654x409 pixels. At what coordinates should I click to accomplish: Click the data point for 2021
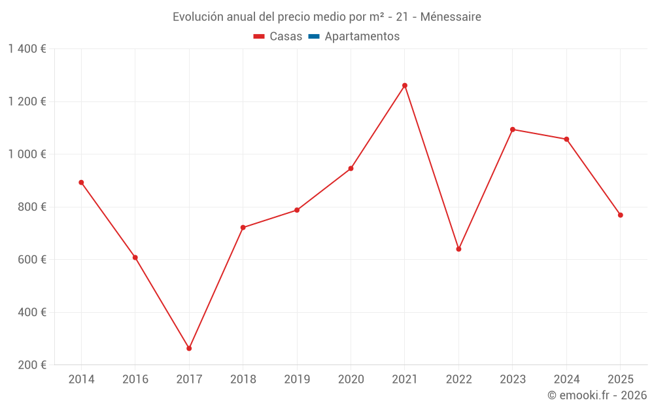pyautogui.click(x=405, y=85)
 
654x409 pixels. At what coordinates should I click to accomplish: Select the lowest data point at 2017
pyautogui.click(x=189, y=348)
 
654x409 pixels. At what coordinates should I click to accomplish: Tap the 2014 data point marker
pyautogui.click(x=81, y=183)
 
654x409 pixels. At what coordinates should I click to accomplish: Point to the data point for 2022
pyautogui.click(x=458, y=249)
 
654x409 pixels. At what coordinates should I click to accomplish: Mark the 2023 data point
pyautogui.click(x=513, y=129)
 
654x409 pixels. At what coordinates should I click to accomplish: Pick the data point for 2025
pyautogui.click(x=621, y=215)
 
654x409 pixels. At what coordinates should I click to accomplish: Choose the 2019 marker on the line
pyautogui.click(x=297, y=210)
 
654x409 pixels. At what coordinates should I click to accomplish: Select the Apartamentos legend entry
pyautogui.click(x=362, y=37)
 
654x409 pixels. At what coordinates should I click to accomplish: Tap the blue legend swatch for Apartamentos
pyautogui.click(x=314, y=37)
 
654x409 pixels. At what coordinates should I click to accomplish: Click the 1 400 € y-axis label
pyautogui.click(x=27, y=48)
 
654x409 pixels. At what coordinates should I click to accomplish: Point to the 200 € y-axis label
pyautogui.click(x=31, y=365)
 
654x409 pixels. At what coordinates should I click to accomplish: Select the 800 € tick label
pyautogui.click(x=31, y=207)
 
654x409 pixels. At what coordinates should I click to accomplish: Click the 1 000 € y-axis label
pyautogui.click(x=27, y=154)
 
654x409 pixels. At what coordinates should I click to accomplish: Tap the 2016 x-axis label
pyautogui.click(x=135, y=380)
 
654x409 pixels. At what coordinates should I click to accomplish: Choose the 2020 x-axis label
pyautogui.click(x=351, y=380)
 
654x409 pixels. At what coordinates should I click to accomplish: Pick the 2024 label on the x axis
pyautogui.click(x=566, y=380)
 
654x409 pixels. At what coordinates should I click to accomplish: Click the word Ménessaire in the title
pyautogui.click(x=451, y=17)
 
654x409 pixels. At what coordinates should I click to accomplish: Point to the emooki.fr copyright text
pyautogui.click(x=597, y=395)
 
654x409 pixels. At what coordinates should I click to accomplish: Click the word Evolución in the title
pyautogui.click(x=196, y=17)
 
